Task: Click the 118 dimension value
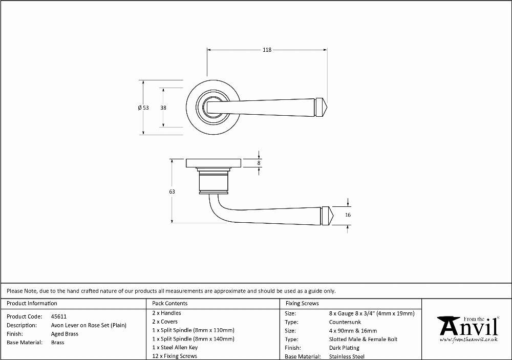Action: (267, 50)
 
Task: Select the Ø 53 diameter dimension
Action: (143, 108)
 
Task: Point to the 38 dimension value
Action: (163, 108)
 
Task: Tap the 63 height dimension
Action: (172, 192)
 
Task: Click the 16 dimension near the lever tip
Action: (348, 215)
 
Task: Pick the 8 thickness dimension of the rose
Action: (259, 163)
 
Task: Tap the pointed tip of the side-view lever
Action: (333, 216)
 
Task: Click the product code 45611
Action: (59, 316)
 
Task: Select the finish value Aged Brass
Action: (65, 334)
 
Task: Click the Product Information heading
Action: (32, 304)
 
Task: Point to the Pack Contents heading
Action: (170, 304)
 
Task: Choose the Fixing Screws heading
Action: (302, 304)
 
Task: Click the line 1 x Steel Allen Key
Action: (175, 348)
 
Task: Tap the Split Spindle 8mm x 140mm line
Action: (194, 339)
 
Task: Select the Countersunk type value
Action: (345, 322)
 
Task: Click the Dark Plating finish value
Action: (344, 348)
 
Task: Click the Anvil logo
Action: (469, 327)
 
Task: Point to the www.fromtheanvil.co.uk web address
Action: (469, 340)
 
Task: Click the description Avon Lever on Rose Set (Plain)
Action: (89, 325)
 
